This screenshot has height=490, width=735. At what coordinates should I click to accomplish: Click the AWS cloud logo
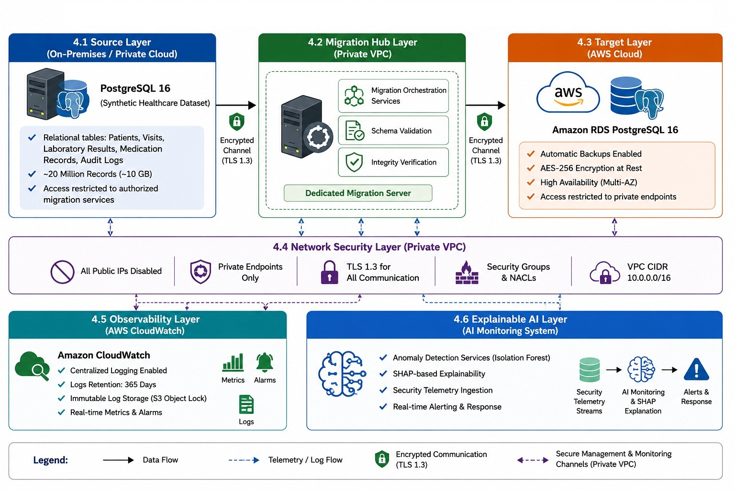(568, 93)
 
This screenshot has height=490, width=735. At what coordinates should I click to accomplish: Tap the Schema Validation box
(393, 130)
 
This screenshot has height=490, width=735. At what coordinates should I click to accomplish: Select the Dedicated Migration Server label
(358, 193)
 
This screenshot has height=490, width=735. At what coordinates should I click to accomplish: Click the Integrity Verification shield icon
(354, 162)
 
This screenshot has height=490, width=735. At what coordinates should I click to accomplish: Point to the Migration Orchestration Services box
(393, 96)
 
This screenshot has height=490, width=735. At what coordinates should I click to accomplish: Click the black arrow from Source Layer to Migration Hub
(236, 105)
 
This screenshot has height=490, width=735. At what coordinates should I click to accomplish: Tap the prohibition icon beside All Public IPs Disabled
(62, 272)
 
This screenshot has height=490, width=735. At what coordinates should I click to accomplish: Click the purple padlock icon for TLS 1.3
(329, 272)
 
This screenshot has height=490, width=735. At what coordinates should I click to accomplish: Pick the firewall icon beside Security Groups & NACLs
(467, 272)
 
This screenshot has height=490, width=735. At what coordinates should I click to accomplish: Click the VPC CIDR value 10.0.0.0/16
(649, 278)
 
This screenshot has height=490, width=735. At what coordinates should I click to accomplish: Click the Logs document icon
(246, 404)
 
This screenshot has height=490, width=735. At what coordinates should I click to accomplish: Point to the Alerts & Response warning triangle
(696, 369)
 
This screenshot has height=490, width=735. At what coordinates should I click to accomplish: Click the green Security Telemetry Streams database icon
(590, 369)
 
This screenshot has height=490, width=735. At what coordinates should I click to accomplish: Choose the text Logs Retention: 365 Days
(113, 384)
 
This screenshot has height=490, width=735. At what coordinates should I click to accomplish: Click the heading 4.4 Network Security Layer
(369, 247)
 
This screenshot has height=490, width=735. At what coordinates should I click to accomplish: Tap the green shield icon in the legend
(382, 459)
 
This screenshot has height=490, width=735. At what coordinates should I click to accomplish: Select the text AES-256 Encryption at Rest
(591, 168)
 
